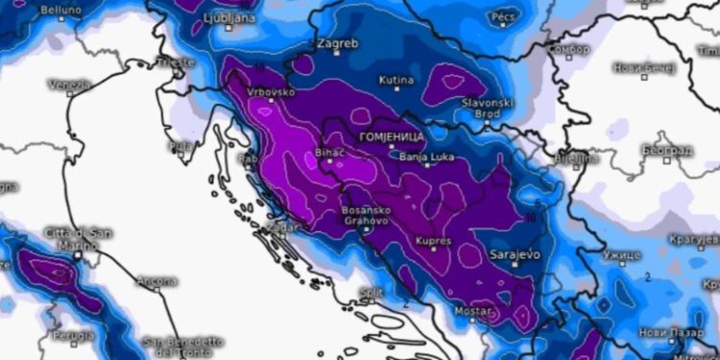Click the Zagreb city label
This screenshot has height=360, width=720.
coord(337,44)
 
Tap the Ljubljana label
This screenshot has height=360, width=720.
coord(230,18)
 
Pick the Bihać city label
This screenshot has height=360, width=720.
coord(329,153)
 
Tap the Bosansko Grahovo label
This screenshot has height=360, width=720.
coord(365,215)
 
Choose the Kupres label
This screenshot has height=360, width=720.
coord(433,240)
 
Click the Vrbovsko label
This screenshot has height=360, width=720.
coord(270,93)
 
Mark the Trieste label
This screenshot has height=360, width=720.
coord(176,61)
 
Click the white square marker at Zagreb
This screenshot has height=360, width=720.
coord(336,56)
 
